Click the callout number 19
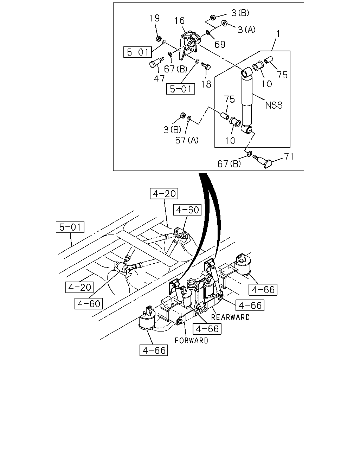coord(154,18)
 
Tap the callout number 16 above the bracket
coord(180,21)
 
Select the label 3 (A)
coord(247,30)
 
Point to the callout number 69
coord(220,44)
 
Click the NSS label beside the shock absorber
coord(274,105)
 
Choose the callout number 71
coord(289,156)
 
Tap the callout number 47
coord(159,79)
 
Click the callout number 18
coord(206,84)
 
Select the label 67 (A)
coord(187,140)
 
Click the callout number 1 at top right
coord(278,34)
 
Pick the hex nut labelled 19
coord(159,38)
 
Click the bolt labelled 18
coord(206,66)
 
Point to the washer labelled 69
coord(208,33)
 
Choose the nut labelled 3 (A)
coord(224,23)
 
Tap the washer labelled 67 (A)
coord(189,118)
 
